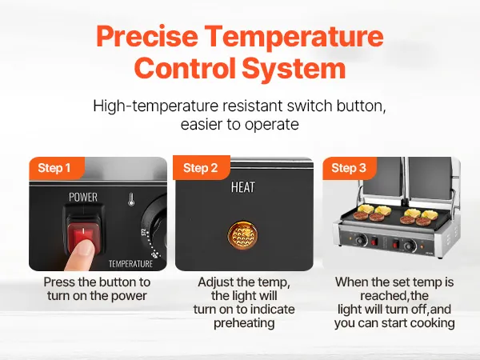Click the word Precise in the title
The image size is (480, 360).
tap(147, 35)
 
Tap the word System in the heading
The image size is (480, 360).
tap(294, 68)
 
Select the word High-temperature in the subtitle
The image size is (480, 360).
tap(155, 106)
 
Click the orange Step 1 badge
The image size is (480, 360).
tap(56, 168)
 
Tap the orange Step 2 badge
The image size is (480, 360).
tap(201, 168)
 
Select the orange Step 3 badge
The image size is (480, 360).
tap(349, 168)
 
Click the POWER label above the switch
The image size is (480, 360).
tap(83, 197)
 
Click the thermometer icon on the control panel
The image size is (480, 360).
tap(131, 199)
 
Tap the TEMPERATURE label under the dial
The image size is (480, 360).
tap(130, 263)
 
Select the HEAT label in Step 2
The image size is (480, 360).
tap(242, 187)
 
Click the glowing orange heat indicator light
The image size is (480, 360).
tap(242, 235)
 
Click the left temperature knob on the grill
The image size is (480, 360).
tap(362, 239)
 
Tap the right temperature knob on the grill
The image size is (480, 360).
tap(410, 245)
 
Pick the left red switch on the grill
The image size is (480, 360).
tap(374, 242)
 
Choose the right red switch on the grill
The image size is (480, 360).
tap(396, 244)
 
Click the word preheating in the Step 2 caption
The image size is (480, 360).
tap(244, 323)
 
